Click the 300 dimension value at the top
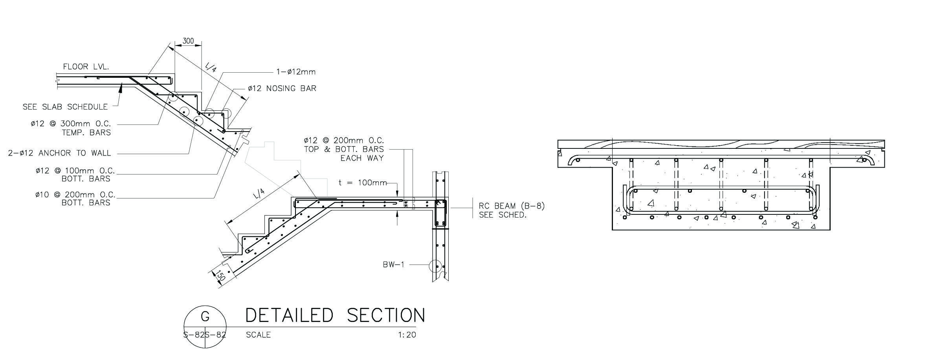(x=189, y=41)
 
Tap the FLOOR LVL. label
(x=86, y=67)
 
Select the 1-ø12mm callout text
(x=296, y=72)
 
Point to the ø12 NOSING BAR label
(x=282, y=88)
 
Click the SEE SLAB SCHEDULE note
(x=65, y=107)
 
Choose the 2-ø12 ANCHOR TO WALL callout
(x=59, y=153)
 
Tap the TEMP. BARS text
(x=86, y=133)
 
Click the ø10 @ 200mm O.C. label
(x=75, y=194)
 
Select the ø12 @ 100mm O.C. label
(x=75, y=171)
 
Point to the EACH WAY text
(x=362, y=158)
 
